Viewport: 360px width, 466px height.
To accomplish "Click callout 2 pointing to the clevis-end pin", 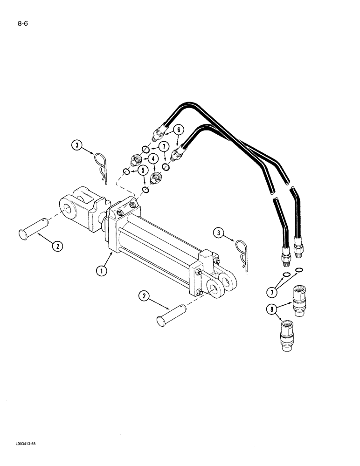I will coord(56,247).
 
